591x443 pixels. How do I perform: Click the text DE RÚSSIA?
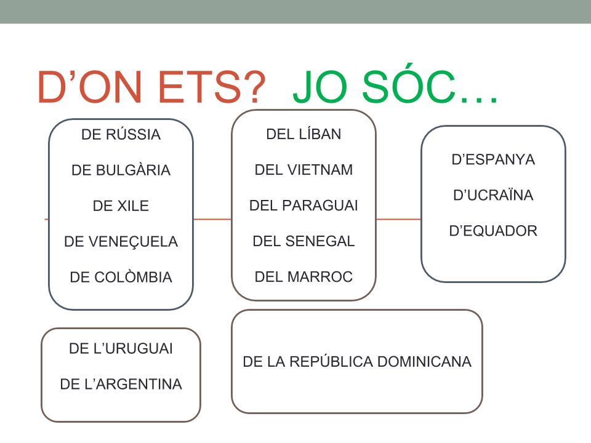121,134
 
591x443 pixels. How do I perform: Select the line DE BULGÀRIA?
121,170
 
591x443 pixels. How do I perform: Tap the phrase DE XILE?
121,206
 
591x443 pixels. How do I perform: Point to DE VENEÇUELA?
121,241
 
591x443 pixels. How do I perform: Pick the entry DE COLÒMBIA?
121,277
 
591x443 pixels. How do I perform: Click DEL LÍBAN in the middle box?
304,134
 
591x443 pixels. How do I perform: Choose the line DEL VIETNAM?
304,170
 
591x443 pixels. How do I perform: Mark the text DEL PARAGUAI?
304,206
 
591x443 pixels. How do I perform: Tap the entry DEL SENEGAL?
304,241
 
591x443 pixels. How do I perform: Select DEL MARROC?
304,276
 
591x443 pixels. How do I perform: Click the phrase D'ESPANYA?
493,159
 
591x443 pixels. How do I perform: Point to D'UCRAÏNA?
493,195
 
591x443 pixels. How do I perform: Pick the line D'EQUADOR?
493,231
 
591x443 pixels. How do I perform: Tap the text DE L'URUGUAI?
121,348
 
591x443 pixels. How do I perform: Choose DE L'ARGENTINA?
121,384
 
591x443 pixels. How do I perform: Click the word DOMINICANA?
424,361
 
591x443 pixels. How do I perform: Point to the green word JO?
320,87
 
